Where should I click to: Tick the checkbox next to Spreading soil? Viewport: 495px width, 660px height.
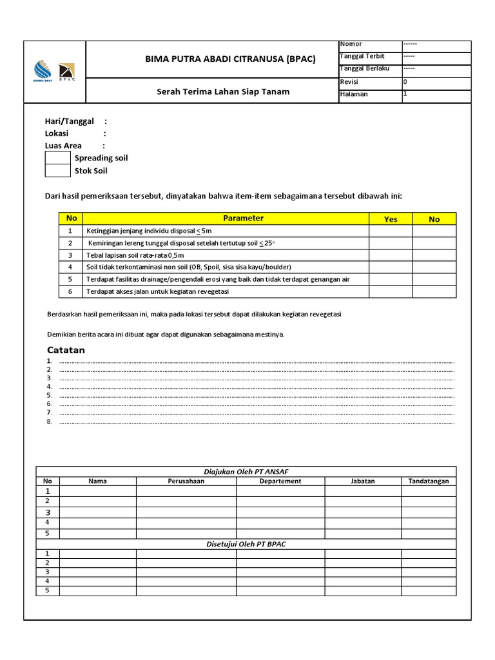(57, 158)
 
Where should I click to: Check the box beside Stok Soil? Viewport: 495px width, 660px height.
(57, 171)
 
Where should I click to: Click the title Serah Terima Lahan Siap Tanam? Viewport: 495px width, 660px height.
(223, 92)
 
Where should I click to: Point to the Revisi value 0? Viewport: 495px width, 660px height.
(405, 82)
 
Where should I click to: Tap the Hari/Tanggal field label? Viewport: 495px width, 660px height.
(69, 121)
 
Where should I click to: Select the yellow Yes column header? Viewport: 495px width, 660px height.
(391, 219)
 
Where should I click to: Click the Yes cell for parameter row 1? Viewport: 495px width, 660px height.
(391, 231)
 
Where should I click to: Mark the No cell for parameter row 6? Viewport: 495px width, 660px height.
(434, 292)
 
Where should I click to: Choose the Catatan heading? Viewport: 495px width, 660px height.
(66, 350)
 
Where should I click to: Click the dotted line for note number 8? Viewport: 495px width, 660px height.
(257, 422)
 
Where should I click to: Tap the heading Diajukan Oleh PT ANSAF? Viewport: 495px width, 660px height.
(246, 472)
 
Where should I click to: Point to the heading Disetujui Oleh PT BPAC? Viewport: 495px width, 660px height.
(246, 544)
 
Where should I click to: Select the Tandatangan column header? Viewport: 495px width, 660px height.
(429, 481)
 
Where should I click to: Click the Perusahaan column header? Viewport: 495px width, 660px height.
(186, 481)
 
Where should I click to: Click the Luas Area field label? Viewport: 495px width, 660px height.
(63, 146)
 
